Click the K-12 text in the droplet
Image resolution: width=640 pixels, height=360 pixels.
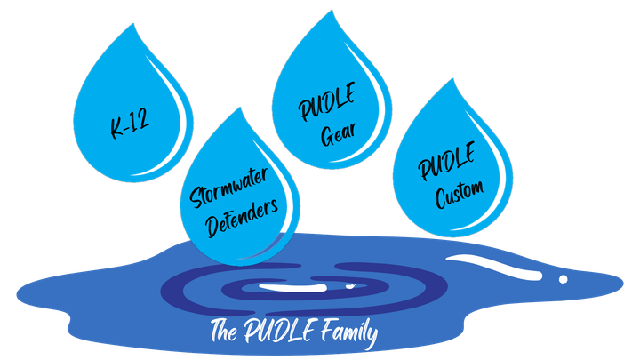[x=130, y=124]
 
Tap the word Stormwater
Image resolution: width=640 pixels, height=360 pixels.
[x=229, y=188]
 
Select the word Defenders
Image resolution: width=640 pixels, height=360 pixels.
[x=243, y=219]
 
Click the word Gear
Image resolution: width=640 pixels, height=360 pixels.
[x=339, y=134]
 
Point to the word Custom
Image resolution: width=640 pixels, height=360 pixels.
[x=460, y=195]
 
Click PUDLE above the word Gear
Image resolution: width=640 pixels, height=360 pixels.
[x=327, y=101]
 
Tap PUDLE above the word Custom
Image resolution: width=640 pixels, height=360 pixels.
[x=447, y=161]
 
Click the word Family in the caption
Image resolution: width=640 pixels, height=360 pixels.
[x=349, y=333]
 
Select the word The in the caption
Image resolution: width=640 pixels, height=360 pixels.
[x=224, y=330]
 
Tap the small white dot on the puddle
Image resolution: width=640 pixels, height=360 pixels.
[x=563, y=279]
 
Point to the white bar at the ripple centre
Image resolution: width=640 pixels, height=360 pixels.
[x=292, y=288]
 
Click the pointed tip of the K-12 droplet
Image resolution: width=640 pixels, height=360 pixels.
[x=133, y=24]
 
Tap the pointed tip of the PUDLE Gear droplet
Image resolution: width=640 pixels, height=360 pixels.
[x=332, y=10]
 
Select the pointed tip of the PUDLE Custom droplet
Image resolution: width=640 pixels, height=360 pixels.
[x=452, y=78]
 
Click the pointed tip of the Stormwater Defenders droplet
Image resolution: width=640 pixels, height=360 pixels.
[x=240, y=108]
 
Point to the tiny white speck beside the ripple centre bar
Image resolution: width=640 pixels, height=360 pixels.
[x=350, y=286]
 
